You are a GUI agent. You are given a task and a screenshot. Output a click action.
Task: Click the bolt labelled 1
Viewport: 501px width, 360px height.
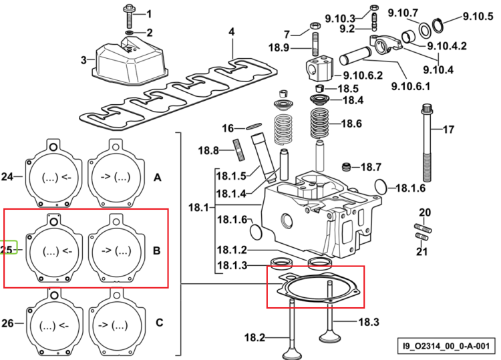(129, 15)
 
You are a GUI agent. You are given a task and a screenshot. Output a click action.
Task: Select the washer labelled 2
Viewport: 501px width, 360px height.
(130, 33)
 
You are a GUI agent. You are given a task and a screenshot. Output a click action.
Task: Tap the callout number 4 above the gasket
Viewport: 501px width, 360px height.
(232, 31)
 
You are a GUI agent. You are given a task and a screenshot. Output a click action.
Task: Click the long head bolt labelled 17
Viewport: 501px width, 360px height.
(428, 142)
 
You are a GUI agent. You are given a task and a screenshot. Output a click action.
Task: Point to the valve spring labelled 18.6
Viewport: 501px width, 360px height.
(319, 124)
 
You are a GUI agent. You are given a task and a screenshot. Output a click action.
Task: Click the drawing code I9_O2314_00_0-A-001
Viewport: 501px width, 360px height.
(446, 346)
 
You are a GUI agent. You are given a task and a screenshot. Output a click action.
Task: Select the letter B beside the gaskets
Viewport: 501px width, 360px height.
(156, 250)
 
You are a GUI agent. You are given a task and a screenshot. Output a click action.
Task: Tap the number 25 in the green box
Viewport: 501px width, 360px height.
(6, 250)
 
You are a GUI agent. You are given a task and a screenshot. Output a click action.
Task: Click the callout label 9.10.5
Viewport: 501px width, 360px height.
(478, 16)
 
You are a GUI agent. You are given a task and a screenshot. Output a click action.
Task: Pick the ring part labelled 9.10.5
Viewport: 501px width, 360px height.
(438, 25)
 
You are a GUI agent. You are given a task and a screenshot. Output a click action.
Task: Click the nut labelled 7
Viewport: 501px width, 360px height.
(315, 25)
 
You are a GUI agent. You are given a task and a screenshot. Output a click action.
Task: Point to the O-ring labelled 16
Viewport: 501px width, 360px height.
(254, 126)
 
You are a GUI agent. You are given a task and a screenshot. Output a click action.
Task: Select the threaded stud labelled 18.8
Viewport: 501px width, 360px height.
(239, 150)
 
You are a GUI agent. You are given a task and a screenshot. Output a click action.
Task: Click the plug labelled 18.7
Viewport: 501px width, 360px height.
(346, 166)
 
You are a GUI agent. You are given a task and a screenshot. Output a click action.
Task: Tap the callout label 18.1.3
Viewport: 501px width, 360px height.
(232, 265)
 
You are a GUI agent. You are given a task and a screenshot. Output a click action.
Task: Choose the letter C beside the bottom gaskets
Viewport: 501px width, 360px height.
(160, 323)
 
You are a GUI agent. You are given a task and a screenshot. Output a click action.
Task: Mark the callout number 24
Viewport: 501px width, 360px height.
(7, 176)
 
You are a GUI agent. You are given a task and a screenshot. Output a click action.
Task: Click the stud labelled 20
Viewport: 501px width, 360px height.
(423, 228)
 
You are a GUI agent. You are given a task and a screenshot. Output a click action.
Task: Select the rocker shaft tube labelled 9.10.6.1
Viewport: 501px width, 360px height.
(355, 55)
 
